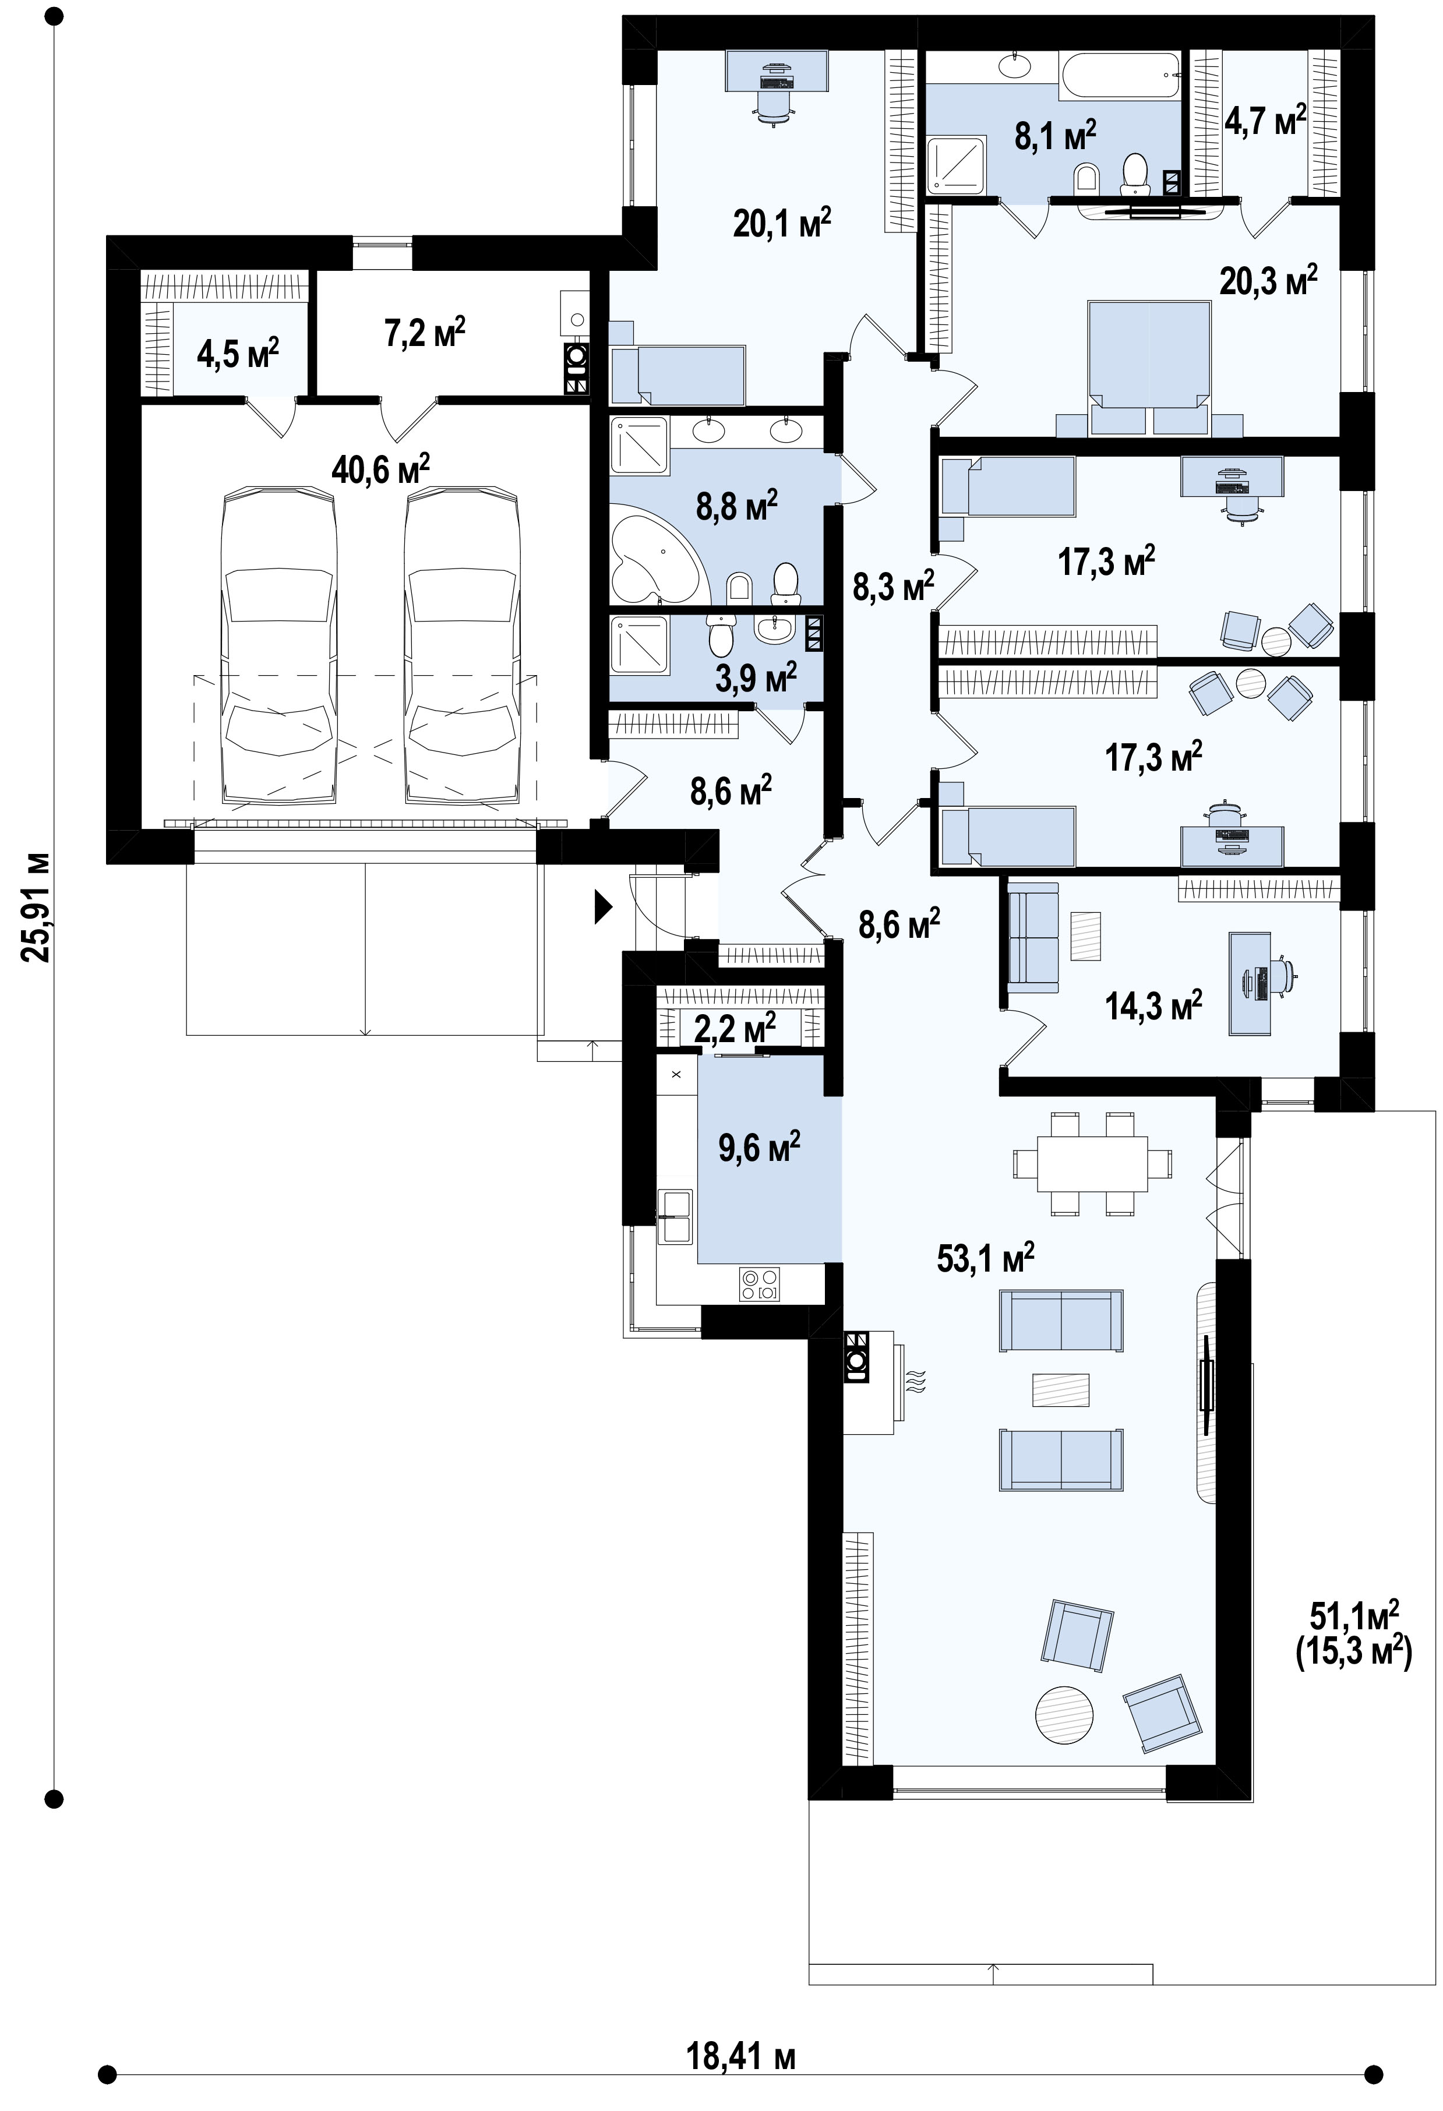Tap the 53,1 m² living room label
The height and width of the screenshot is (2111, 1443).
[986, 1259]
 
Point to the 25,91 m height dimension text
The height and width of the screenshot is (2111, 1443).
[36, 908]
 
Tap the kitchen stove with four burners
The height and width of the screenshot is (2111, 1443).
[760, 1283]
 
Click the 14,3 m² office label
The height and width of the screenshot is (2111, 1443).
[1154, 1005]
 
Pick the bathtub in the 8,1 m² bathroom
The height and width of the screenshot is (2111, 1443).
[1120, 73]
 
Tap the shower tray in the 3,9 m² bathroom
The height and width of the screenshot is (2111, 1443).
[640, 645]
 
